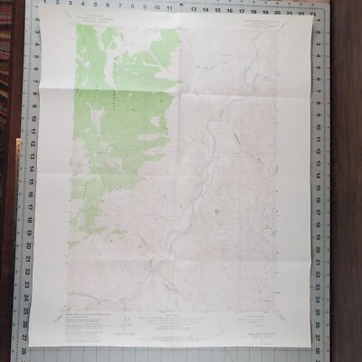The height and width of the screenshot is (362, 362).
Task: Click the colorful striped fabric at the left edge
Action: click(5, 54)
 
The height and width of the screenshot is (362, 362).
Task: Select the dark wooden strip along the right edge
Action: click(348, 181)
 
